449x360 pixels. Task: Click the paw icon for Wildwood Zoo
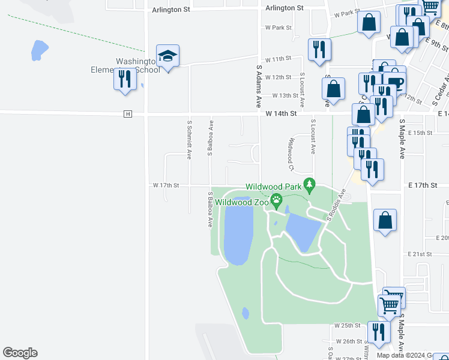point(277,201)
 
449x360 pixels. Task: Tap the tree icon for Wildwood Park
point(309,186)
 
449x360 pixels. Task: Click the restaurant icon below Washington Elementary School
point(125,79)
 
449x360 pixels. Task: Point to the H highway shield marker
point(127,114)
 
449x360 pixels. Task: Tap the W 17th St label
point(166,185)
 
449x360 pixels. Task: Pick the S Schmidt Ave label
point(189,139)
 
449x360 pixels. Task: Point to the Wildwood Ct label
point(291,151)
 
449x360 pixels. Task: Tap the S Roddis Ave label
point(336,205)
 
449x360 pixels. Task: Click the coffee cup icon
point(396,83)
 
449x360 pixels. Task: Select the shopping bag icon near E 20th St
point(385,220)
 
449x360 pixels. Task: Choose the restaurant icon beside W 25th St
point(378,332)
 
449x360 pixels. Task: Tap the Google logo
point(20,353)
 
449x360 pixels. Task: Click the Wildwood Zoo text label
point(241,202)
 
